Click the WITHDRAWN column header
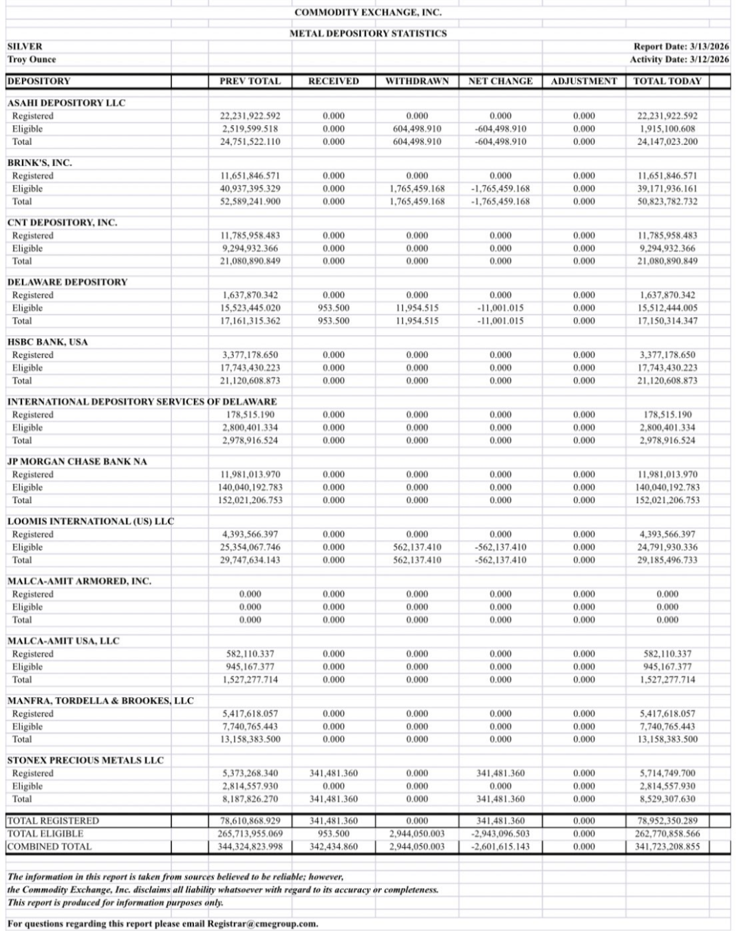(417, 81)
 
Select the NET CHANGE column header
(500, 81)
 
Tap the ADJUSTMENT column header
(584, 81)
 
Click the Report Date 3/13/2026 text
(681, 47)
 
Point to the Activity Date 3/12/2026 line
(679, 60)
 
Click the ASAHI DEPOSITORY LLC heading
(66, 103)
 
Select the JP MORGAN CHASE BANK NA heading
(77, 461)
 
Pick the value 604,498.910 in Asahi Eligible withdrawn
(417, 129)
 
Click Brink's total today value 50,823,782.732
(667, 202)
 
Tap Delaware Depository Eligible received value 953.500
(334, 308)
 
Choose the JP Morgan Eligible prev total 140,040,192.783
(250, 487)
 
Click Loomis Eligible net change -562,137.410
(500, 547)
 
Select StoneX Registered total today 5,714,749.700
(667, 773)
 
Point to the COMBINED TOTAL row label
(50, 847)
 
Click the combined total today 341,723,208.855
(667, 847)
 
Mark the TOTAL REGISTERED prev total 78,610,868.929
(250, 821)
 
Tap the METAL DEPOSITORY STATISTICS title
(368, 33)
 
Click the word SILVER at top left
(25, 47)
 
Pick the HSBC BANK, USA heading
(47, 342)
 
